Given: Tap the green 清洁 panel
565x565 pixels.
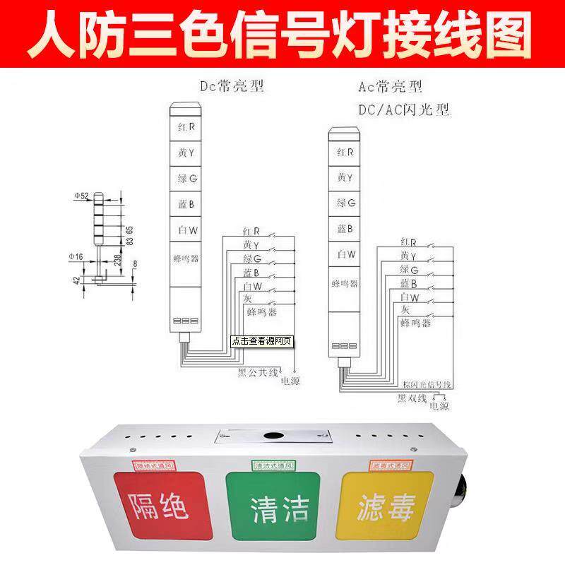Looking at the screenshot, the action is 271,507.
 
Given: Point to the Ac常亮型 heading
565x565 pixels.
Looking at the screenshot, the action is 389,88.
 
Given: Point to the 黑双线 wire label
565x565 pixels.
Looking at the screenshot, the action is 412,398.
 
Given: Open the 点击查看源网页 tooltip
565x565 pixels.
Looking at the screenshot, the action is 262,340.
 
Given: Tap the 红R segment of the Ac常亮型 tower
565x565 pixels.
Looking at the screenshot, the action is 347,152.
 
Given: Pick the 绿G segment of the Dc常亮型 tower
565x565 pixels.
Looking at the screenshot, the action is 187,179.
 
